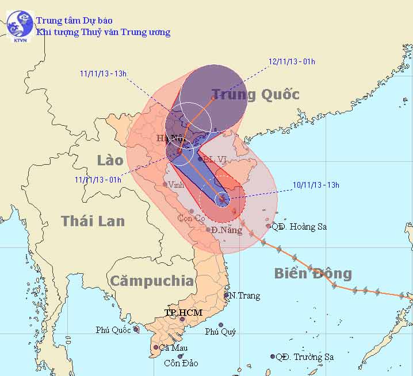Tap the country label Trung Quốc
click(255, 94)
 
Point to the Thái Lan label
click(93, 221)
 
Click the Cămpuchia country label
click(152, 281)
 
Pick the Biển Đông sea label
click(313, 273)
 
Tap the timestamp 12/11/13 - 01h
click(292, 62)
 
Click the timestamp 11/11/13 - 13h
click(104, 73)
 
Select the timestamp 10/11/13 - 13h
click(316, 185)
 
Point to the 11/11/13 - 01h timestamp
click(98, 179)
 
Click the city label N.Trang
click(244, 296)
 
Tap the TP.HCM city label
click(183, 312)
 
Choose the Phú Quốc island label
click(114, 330)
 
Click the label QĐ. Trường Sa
click(305, 357)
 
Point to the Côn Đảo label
click(180, 363)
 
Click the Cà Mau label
click(173, 347)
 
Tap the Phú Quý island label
click(220, 332)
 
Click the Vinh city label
click(177, 185)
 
